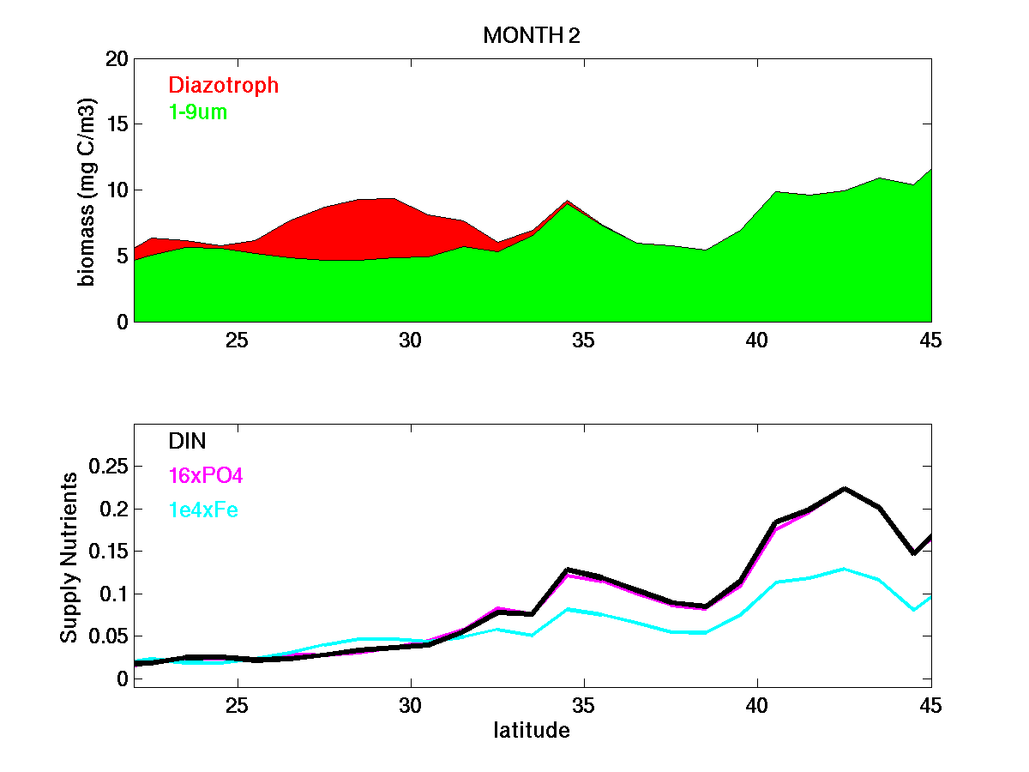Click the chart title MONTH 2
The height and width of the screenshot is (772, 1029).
click(533, 35)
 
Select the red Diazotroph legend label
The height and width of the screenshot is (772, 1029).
click(224, 85)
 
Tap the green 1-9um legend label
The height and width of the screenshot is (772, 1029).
click(198, 112)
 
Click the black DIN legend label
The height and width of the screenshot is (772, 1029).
click(187, 441)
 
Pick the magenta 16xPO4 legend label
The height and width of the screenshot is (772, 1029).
click(207, 475)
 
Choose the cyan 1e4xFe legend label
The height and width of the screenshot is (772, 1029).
click(203, 510)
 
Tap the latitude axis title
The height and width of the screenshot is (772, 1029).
click(532, 732)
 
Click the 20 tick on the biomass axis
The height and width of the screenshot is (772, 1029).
click(117, 58)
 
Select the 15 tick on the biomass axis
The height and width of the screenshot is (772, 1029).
click(117, 124)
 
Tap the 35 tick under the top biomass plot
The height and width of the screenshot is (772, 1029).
click(583, 340)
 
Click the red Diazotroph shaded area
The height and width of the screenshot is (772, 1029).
click(360, 227)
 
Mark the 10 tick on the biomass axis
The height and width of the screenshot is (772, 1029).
click(117, 190)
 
